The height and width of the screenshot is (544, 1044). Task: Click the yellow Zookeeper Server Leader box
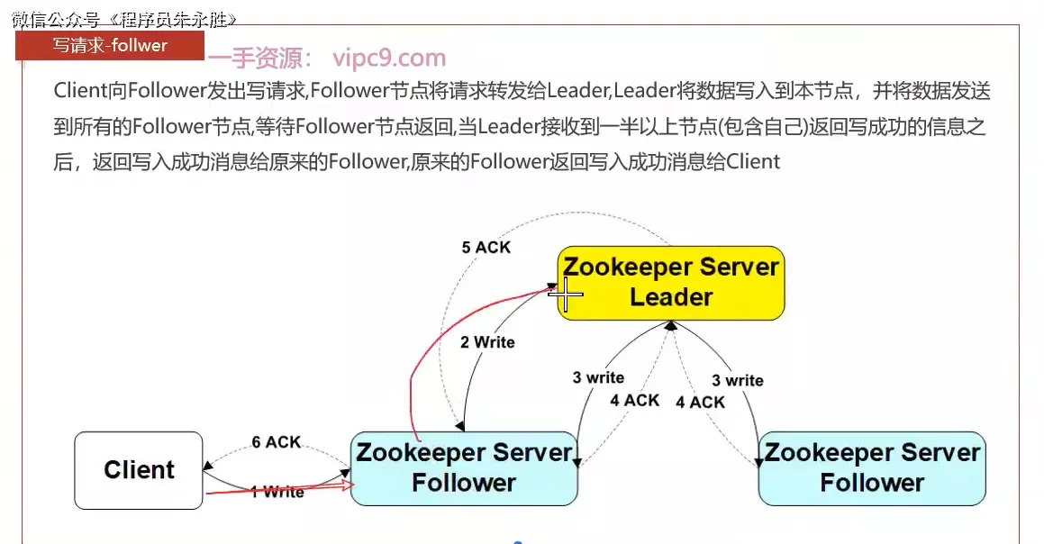[671, 282]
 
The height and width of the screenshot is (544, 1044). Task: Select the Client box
[139, 469]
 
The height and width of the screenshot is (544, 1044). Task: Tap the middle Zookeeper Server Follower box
[464, 467]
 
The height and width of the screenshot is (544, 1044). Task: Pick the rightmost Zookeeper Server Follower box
[872, 467]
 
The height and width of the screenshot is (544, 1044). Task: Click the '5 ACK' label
[486, 247]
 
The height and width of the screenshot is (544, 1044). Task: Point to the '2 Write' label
[487, 342]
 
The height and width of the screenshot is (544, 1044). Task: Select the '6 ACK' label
[276, 442]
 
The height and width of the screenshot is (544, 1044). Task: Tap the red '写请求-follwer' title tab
[110, 45]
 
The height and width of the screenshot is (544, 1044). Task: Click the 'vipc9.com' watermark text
[389, 59]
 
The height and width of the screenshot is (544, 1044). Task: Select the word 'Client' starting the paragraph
[80, 91]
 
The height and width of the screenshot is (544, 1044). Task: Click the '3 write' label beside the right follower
[737, 380]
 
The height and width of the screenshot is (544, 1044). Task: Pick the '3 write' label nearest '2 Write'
[598, 377]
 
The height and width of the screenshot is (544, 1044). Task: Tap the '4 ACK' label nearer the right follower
[700, 402]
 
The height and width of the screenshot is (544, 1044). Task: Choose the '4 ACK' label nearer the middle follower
[634, 400]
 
